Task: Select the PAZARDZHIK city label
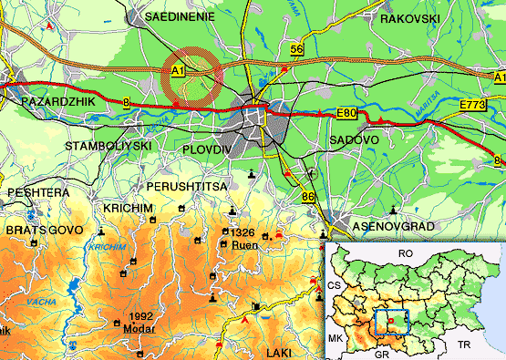[x=57, y=102]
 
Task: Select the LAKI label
[x=282, y=351]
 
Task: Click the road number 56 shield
[x=296, y=47]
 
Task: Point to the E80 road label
[x=345, y=112]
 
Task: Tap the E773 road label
[x=472, y=107]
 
